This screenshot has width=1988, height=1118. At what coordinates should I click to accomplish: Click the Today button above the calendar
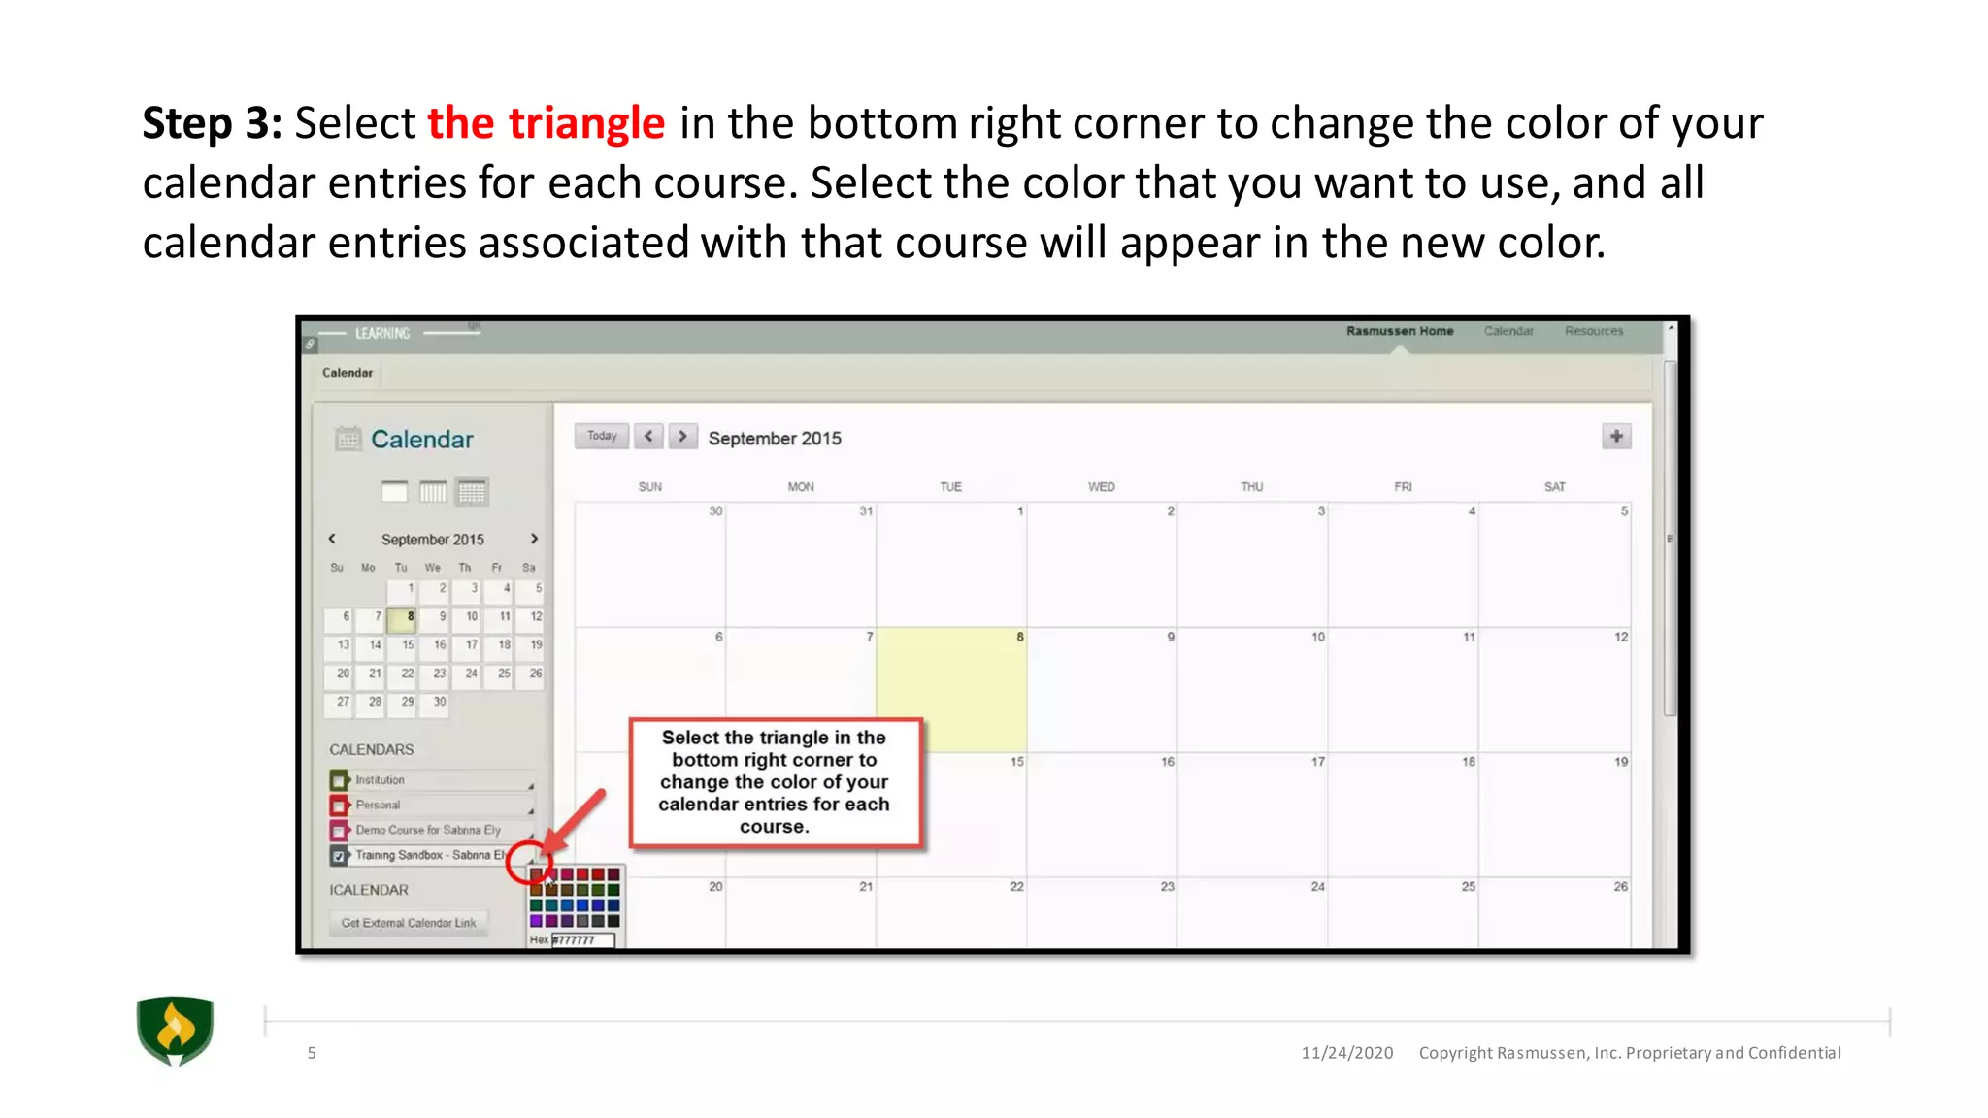[x=602, y=436]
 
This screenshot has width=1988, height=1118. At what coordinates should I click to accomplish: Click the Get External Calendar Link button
[x=409, y=923]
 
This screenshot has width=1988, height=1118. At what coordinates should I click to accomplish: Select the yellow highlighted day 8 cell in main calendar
[x=951, y=689]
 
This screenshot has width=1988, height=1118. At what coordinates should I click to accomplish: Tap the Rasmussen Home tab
[x=1400, y=331]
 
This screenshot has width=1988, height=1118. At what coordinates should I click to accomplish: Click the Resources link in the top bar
[x=1594, y=331]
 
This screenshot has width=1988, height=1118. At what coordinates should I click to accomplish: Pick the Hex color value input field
[x=583, y=939]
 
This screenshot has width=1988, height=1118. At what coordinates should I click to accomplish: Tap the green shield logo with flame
[x=175, y=1031]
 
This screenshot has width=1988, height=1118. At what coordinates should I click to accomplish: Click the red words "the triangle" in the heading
[x=547, y=123]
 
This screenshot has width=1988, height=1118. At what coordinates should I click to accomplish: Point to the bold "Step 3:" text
[x=212, y=123]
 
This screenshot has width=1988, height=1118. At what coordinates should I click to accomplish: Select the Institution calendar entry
[x=380, y=780]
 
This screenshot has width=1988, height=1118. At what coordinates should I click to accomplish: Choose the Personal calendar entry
[x=378, y=806]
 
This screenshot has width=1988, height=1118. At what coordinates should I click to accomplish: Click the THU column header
[x=1252, y=487]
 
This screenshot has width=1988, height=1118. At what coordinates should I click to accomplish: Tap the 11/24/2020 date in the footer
[x=1347, y=1053]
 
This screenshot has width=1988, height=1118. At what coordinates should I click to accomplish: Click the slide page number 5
[x=312, y=1053]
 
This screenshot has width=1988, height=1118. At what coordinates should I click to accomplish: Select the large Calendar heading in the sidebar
[x=422, y=440]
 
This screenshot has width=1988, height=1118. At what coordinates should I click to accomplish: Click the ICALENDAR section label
[x=369, y=890]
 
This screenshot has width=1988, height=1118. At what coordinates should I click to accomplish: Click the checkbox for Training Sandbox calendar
[x=339, y=856]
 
